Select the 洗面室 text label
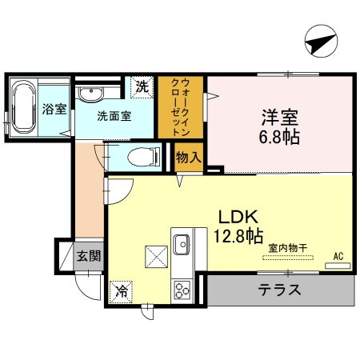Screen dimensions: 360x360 (x=114, y=115)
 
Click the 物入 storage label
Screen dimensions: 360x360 (x=188, y=158)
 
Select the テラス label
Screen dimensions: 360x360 (x=279, y=290)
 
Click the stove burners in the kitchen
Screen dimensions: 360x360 (x=182, y=288)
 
